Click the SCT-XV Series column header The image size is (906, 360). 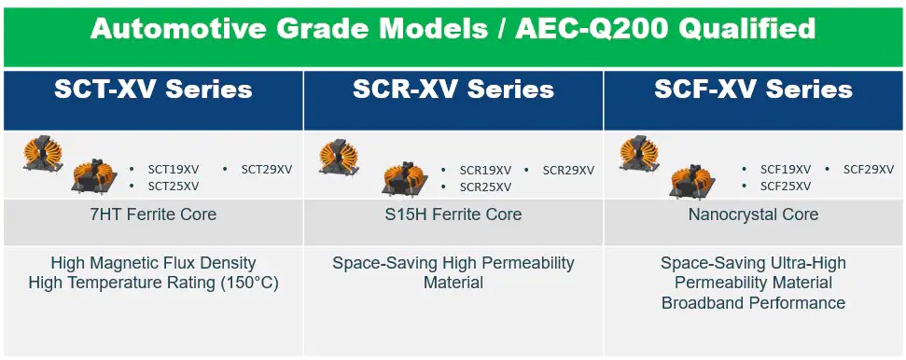[153, 90]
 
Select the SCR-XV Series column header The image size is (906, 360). [453, 90]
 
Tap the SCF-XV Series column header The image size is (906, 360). [753, 90]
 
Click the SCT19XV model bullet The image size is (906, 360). [173, 170]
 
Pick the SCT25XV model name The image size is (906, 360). [173, 186]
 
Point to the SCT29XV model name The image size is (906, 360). [266, 170]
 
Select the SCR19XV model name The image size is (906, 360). [485, 171]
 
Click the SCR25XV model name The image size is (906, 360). [485, 187]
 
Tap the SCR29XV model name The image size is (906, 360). [568, 171]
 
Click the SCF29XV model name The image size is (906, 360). [869, 170]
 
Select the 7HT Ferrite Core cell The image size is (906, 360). [153, 215]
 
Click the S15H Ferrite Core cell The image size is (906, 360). [453, 215]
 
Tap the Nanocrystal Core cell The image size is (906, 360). [753, 215]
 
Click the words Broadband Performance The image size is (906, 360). [753, 303]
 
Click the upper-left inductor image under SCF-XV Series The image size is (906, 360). [639, 152]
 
